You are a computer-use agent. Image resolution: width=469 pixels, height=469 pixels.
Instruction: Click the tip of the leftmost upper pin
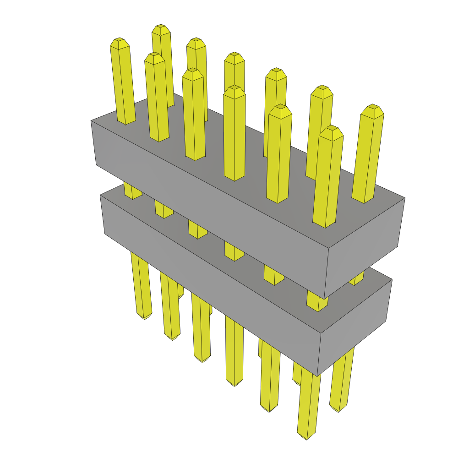[120, 43]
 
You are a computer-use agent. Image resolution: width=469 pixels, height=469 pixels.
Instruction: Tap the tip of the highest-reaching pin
[161, 29]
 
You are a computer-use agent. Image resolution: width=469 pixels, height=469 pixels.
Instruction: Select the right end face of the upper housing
[364, 247]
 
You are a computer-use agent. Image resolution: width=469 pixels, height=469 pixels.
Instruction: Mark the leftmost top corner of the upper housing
[91, 121]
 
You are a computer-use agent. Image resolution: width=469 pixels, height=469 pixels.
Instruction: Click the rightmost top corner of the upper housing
[405, 198]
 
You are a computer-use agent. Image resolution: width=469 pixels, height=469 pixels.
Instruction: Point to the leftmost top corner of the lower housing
[100, 195]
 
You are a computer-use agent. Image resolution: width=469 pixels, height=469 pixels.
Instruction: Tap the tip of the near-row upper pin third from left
[192, 74]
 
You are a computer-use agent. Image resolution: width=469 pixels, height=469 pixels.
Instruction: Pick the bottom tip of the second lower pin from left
[173, 338]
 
